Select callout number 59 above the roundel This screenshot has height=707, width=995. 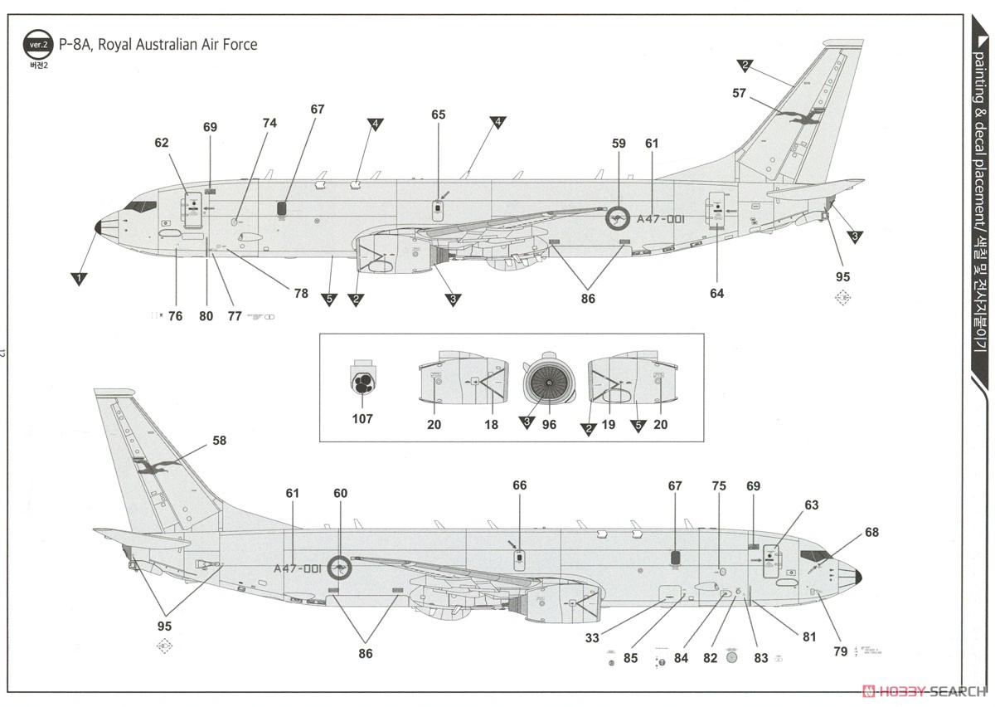[619, 144]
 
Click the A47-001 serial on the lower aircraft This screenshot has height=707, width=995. [297, 568]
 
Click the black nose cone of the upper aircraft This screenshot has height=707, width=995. [99, 227]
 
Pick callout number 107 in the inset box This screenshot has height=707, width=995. [362, 419]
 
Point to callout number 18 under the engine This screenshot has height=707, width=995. [492, 424]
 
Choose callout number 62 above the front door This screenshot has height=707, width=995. [161, 143]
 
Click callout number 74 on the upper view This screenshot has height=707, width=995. [269, 123]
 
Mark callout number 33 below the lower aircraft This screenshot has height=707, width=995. [591, 637]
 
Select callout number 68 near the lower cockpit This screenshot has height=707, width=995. [871, 532]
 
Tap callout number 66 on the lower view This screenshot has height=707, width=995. [519, 485]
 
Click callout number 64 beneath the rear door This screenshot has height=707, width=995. [716, 293]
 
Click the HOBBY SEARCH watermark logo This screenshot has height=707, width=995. [921, 690]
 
